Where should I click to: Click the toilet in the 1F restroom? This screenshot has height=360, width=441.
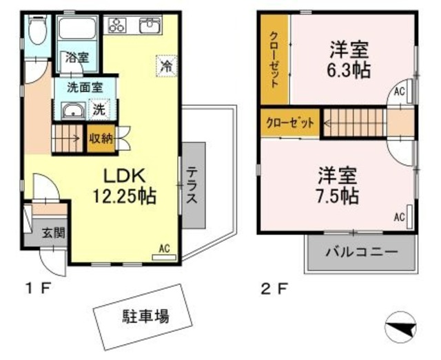point(39,29)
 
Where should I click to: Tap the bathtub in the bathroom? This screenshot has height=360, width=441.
point(77,28)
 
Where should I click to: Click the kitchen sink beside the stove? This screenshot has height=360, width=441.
point(150,26)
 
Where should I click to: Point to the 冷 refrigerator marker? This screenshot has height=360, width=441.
point(165,65)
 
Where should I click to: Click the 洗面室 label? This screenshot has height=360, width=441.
point(84,87)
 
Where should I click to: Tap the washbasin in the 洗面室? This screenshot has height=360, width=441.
point(71,111)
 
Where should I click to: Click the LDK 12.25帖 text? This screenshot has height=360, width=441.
point(124,184)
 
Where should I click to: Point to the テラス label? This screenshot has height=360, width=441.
point(192,186)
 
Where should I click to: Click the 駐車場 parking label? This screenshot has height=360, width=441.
point(147,317)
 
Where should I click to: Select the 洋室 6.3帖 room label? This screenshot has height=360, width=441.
point(348,60)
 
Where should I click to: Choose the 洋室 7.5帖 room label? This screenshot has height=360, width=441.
point(338,184)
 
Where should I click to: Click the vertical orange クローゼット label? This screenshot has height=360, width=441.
point(274,60)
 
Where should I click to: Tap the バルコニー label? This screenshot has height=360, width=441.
point(361,253)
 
